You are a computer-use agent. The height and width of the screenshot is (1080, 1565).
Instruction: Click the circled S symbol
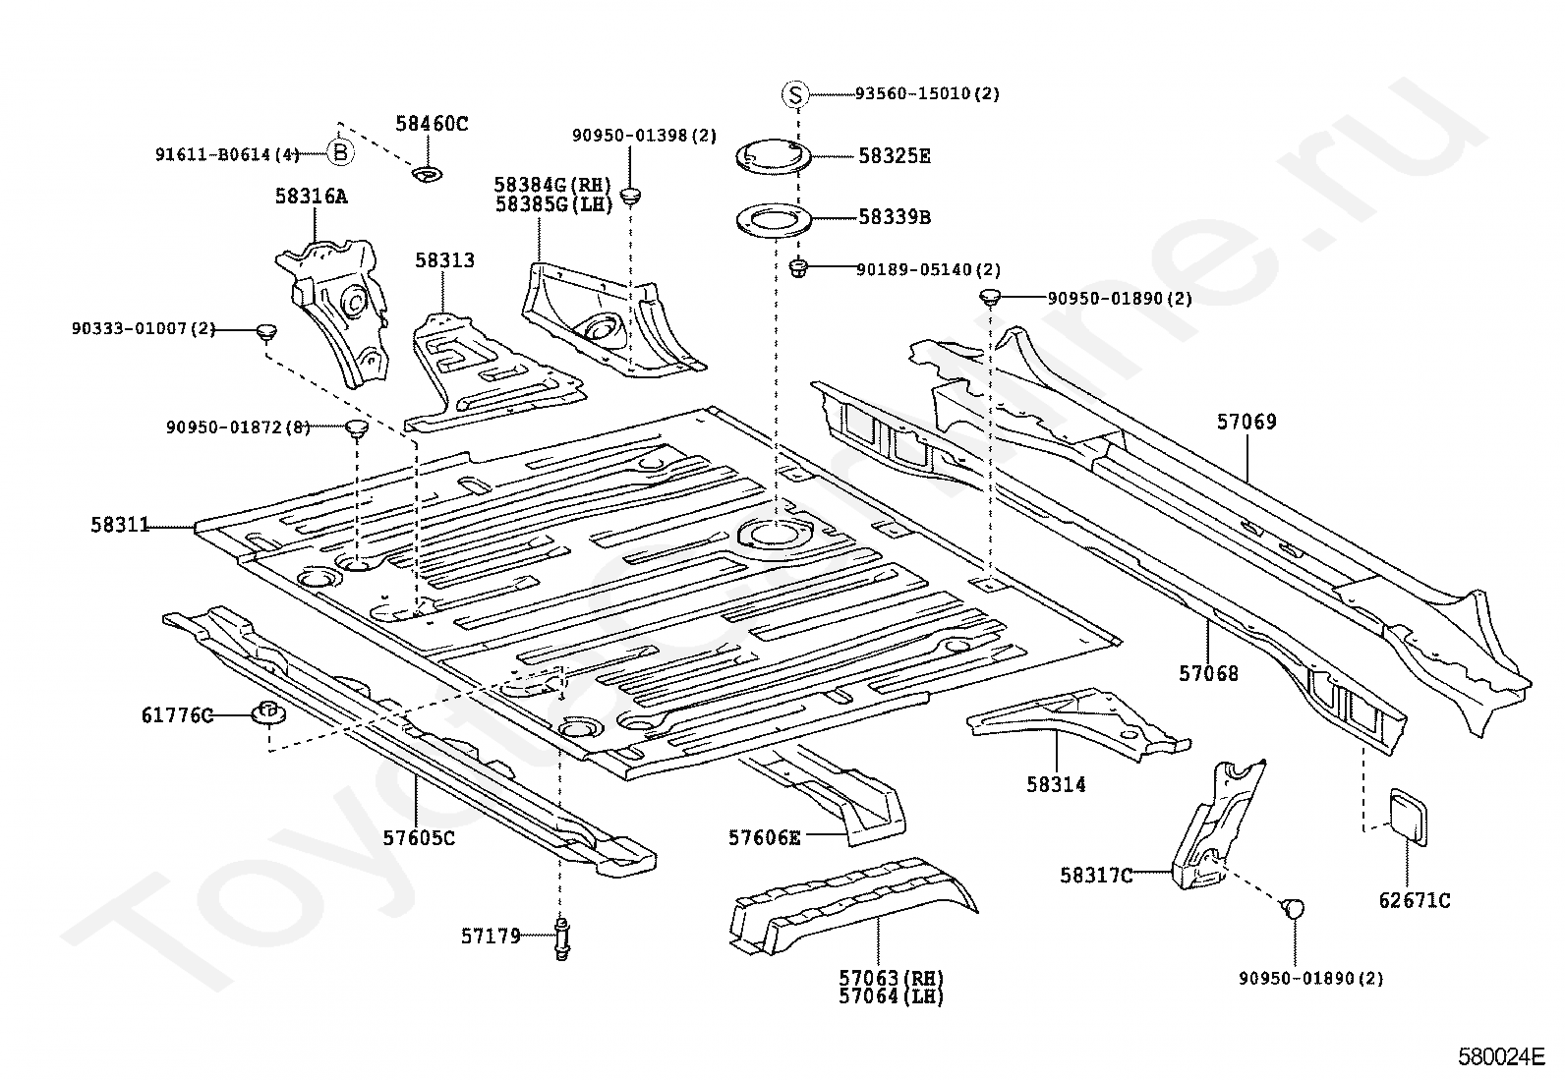[795, 93]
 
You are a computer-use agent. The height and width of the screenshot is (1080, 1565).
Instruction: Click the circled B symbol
[340, 151]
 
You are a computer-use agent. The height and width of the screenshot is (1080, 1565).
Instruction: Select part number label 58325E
[895, 156]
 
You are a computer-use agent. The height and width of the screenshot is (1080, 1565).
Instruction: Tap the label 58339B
[895, 217]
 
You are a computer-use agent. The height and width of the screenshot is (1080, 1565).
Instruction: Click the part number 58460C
[432, 124]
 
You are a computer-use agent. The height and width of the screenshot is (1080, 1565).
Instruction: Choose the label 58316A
[311, 197]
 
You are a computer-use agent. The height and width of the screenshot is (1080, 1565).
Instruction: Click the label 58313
[444, 259]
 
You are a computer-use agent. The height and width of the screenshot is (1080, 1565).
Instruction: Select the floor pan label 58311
[120, 525]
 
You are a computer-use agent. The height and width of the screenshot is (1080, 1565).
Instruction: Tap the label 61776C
[178, 715]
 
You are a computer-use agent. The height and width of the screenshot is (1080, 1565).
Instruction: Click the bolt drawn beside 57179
[562, 938]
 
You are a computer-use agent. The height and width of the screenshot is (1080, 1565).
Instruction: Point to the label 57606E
[765, 837]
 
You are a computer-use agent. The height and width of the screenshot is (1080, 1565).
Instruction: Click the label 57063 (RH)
[892, 978]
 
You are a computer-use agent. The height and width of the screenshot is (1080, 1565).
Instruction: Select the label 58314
[1056, 784]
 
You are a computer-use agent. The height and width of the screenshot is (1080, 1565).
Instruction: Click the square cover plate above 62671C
[1408, 818]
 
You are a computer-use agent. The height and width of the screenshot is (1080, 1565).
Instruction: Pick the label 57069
[1246, 422]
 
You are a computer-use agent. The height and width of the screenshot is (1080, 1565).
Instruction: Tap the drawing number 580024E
[1501, 1057]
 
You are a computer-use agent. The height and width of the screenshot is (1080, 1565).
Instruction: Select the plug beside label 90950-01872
[358, 427]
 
